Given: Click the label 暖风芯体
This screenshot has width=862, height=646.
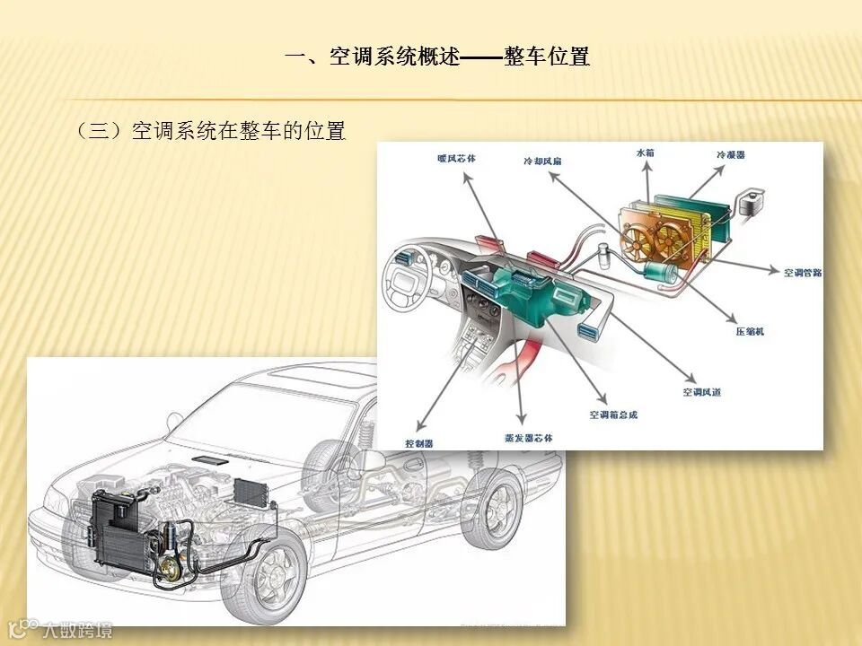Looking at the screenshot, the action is point(456,159).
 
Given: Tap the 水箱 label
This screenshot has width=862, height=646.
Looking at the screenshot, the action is point(645,153).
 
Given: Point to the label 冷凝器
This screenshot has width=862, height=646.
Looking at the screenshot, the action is point(729,155).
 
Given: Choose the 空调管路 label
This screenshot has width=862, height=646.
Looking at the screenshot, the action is point(802,273).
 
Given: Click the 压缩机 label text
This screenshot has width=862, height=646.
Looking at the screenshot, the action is point(750,332).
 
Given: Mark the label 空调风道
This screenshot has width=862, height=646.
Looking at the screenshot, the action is point(701,392).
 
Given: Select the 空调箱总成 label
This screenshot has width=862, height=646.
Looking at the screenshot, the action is point(613,415).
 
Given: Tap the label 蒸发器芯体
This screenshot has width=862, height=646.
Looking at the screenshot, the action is point(529,438).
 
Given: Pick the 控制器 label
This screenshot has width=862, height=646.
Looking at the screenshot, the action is point(419,443).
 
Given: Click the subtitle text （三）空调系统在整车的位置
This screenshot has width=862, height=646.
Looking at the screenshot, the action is point(211,131).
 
